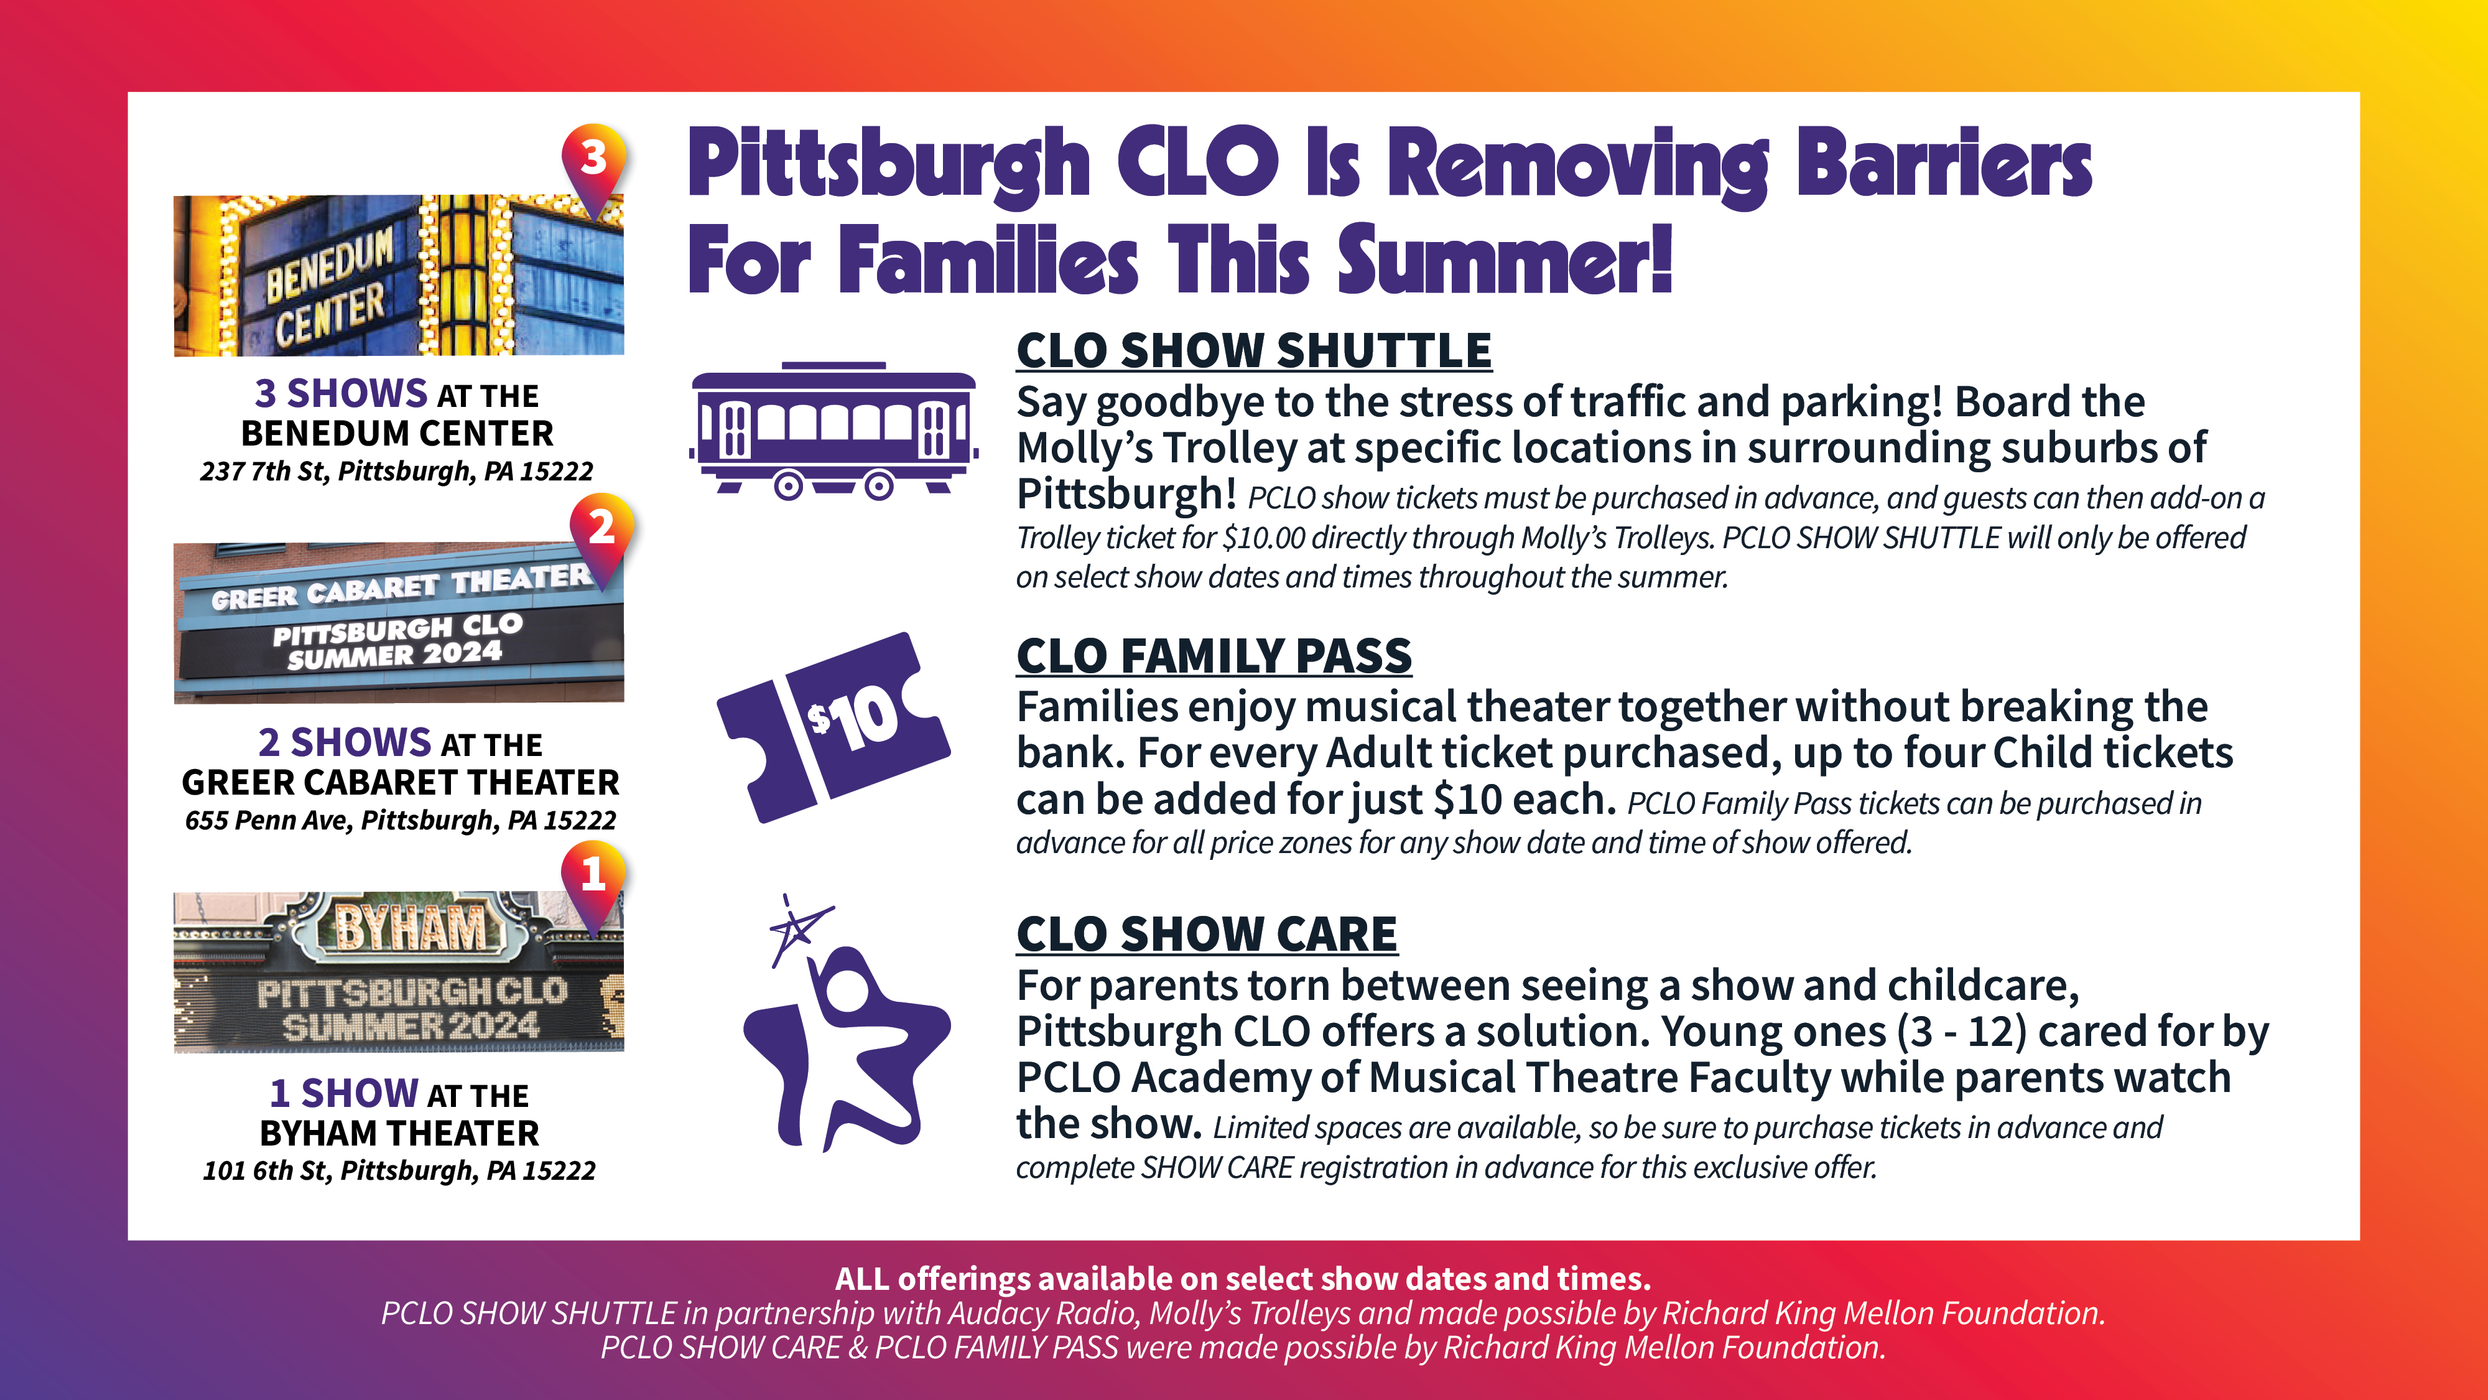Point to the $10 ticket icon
[833, 727]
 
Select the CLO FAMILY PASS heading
[1214, 656]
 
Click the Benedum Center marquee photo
[399, 276]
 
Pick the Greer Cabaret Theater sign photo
[399, 622]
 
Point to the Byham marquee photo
[399, 971]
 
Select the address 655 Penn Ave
[400, 820]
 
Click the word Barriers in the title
[1944, 164]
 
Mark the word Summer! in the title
[1505, 259]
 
